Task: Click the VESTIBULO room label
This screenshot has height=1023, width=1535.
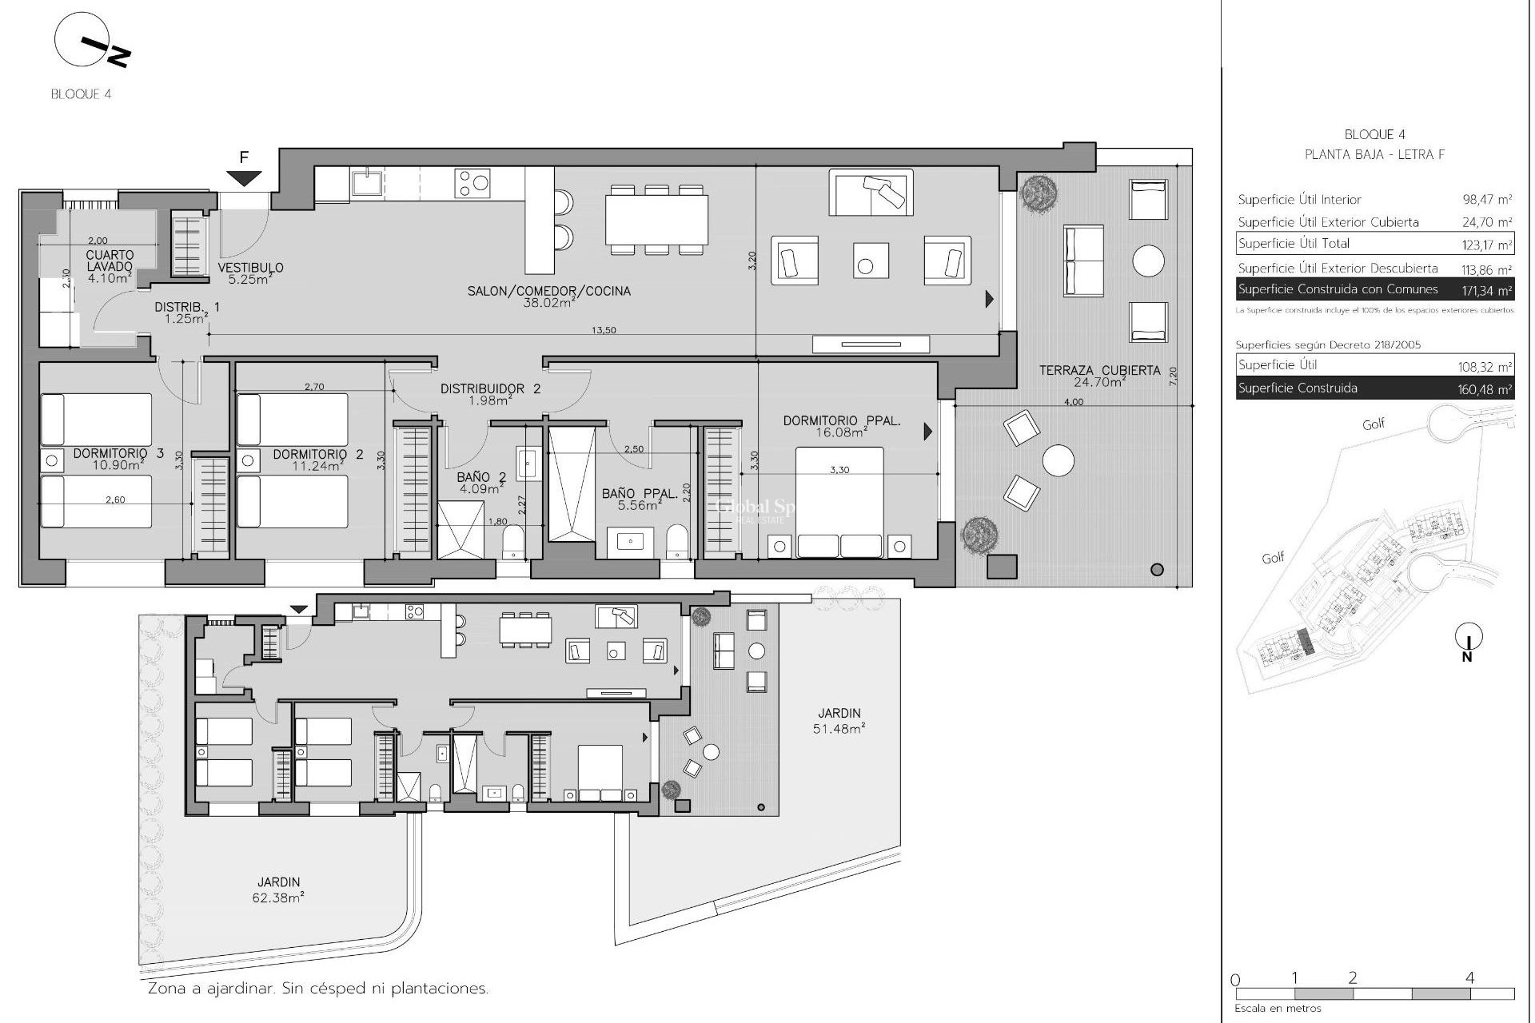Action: tap(250, 268)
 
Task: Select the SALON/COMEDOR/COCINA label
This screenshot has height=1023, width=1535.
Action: tap(548, 292)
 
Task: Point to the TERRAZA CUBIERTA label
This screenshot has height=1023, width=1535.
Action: tap(1099, 371)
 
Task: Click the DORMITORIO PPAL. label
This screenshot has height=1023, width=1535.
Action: tap(842, 420)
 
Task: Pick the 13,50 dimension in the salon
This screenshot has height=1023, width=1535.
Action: tap(604, 330)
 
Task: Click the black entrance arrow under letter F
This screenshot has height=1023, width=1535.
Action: tap(245, 179)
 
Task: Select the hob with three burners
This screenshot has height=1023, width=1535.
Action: tap(472, 183)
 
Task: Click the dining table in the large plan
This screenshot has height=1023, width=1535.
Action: tap(656, 220)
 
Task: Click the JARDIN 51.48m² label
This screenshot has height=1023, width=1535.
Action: tap(839, 720)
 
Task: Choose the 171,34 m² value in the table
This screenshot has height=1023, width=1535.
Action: tap(1486, 290)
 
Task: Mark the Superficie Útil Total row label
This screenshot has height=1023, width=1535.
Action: tap(1294, 244)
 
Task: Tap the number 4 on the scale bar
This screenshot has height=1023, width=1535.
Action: tap(1469, 977)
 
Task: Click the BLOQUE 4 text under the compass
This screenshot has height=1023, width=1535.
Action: tap(81, 94)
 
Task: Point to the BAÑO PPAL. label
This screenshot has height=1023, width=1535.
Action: tap(640, 495)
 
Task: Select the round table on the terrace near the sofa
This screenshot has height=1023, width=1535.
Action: tap(1148, 261)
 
